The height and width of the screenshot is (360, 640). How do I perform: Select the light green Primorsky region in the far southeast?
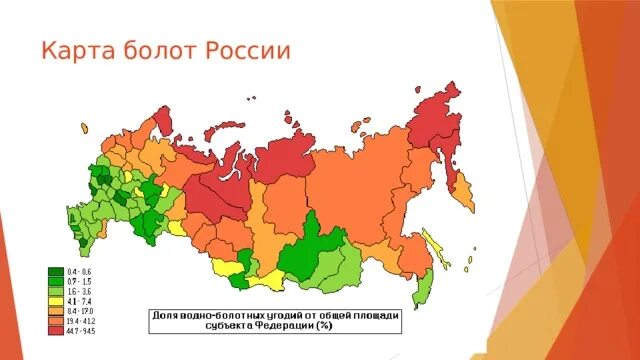[x=424, y=285]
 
